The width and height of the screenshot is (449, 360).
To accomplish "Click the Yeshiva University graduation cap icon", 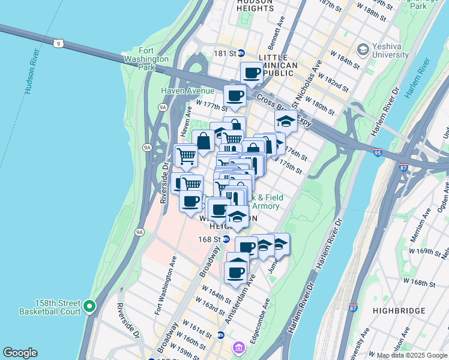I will [363, 48].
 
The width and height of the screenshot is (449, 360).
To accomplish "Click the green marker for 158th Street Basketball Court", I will [90, 307].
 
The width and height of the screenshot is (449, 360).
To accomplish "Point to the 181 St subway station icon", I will [241, 53].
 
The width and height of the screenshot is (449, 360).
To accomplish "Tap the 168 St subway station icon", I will [226, 239].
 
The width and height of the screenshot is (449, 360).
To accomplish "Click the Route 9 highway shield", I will [58, 43].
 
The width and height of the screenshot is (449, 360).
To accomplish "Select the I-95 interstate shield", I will [377, 153].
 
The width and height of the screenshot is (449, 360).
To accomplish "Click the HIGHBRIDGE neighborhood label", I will [399, 311].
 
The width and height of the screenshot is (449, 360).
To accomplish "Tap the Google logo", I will [20, 353].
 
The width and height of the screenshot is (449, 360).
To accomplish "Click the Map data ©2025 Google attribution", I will [411, 355].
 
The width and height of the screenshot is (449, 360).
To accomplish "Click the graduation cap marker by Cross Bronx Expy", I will [286, 121].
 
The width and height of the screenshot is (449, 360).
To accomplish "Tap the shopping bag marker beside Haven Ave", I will [203, 141].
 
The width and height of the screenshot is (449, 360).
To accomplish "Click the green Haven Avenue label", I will [187, 91].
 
